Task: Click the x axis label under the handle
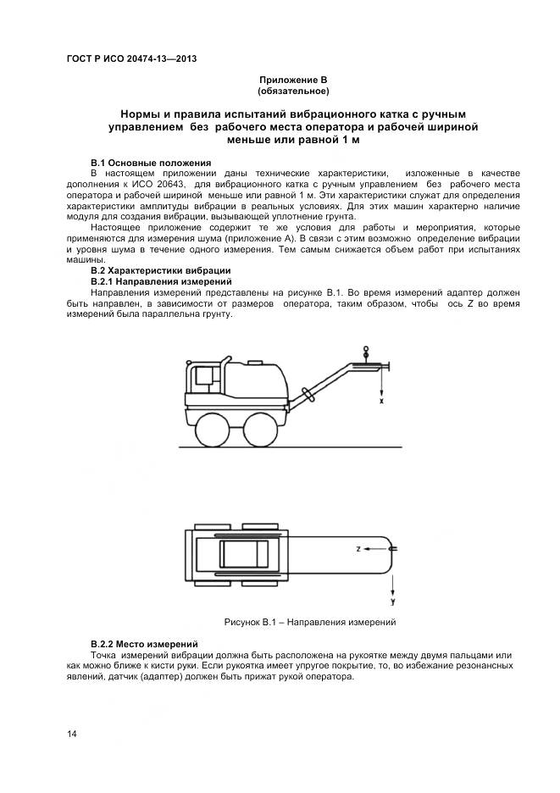point(381,402)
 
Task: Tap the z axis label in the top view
point(358,549)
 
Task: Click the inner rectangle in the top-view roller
point(244,554)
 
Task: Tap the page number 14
point(72,734)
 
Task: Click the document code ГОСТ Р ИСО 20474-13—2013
point(131,58)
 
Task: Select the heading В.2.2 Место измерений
point(144,645)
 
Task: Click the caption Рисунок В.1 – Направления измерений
point(310,622)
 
